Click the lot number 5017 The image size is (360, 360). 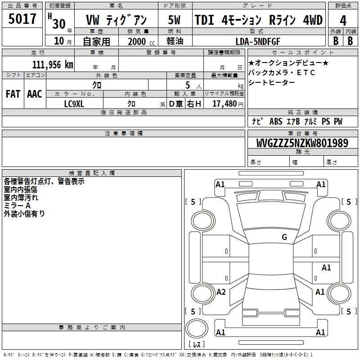pyautogui.click(x=22, y=19)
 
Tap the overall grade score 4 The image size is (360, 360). pyautogui.click(x=343, y=21)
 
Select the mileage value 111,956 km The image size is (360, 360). pyautogui.click(x=53, y=65)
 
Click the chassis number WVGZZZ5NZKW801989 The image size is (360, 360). pyautogui.click(x=302, y=143)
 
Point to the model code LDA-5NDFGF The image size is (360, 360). pyautogui.click(x=258, y=41)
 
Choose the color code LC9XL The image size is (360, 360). pyautogui.click(x=74, y=104)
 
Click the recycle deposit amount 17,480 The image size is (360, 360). pyautogui.click(x=224, y=104)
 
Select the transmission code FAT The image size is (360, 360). pyautogui.click(x=13, y=94)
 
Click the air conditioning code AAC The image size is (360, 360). pyautogui.click(x=35, y=94)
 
